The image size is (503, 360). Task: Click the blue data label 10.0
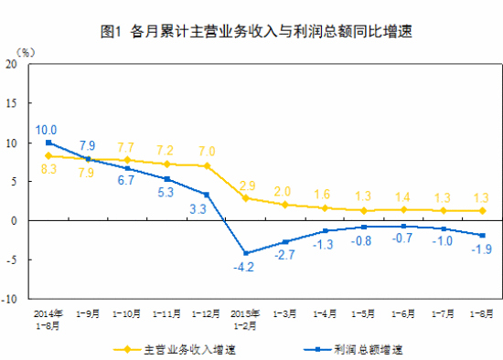(47, 130)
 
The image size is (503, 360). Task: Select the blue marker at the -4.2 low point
(245, 253)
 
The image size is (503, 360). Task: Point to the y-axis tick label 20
(12, 65)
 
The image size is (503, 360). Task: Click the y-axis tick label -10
(10, 299)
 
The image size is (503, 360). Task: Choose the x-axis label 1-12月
(205, 314)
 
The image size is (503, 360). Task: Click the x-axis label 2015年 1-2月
(244, 318)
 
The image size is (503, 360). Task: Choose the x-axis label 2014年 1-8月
(47, 318)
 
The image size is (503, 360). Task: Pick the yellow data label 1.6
(324, 195)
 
